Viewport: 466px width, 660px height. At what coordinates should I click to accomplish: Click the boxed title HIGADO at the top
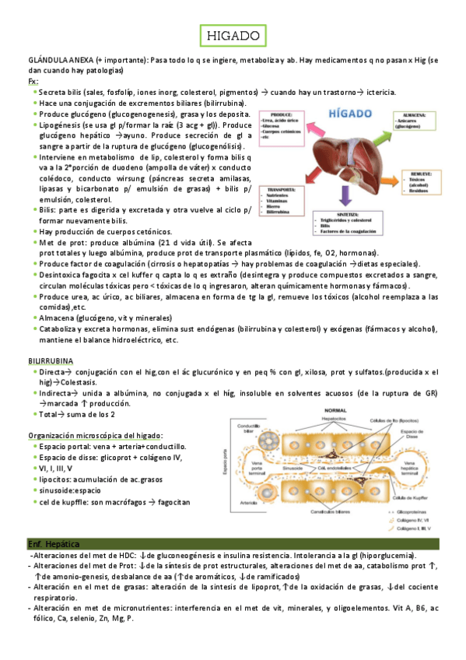coord(233,35)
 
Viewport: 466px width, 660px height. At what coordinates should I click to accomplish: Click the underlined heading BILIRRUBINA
coord(51,362)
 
